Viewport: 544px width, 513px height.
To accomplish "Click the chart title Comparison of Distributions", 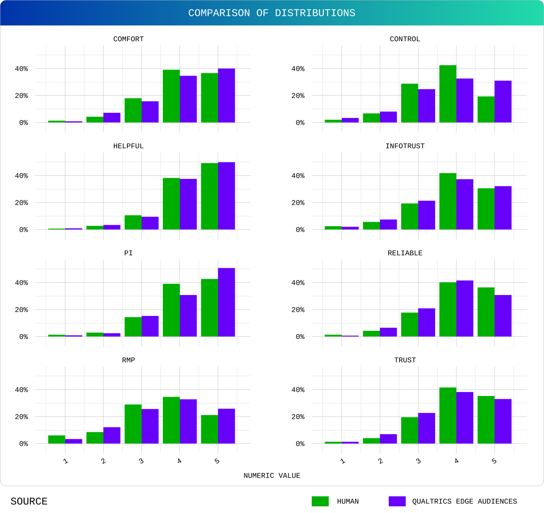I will point(272,13).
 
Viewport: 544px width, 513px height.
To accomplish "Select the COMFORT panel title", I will point(128,39).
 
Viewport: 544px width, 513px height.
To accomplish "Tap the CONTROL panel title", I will point(405,39).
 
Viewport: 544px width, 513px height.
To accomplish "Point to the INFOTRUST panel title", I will point(405,146).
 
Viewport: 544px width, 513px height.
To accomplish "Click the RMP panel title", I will point(128,360).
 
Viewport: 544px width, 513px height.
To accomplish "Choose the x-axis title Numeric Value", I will point(272,475).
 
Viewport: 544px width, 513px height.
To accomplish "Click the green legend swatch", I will point(320,501).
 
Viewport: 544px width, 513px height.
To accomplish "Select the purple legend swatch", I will point(397,501).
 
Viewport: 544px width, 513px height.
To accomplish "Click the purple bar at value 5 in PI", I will point(226,302).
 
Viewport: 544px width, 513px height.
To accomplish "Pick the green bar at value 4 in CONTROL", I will point(447,94).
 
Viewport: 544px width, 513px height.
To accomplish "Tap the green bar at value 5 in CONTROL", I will point(486,109).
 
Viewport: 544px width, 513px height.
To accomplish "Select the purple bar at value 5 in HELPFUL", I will point(226,196).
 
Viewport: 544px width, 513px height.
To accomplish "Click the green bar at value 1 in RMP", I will point(57,439).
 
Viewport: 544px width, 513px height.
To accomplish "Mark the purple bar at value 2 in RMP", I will point(112,435).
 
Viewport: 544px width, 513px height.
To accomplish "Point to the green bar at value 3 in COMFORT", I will point(133,110).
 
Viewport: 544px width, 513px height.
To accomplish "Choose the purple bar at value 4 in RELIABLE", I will point(465,309).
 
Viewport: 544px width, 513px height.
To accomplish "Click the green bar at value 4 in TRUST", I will point(447,416).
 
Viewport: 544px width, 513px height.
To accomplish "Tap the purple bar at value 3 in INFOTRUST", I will point(427,215).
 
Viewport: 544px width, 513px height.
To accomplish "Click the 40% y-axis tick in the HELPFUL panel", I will point(21,176).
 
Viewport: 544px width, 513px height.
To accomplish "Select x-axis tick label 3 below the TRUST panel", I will point(418,461).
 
